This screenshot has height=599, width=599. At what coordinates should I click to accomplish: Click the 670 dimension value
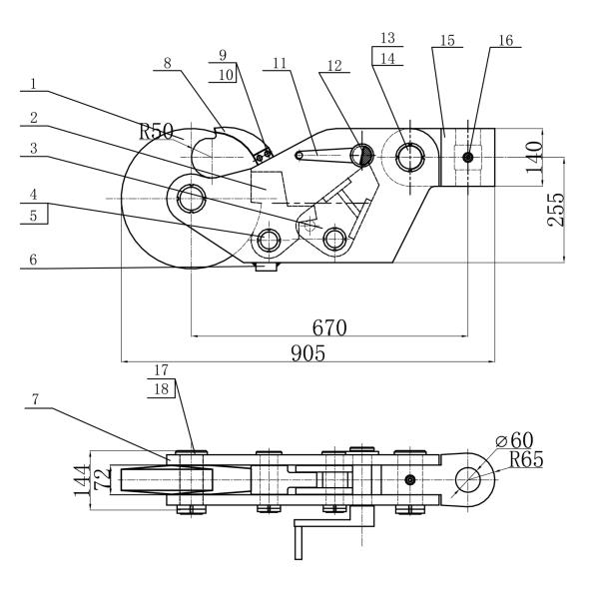(329, 327)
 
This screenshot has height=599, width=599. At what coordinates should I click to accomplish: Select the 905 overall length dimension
(307, 352)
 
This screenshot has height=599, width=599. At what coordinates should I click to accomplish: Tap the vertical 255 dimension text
(556, 210)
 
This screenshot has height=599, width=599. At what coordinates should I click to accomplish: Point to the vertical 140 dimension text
(534, 157)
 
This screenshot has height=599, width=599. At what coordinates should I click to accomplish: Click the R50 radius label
(156, 131)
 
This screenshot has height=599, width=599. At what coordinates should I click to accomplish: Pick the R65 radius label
(526, 459)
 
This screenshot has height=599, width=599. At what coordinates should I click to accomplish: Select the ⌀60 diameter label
(514, 440)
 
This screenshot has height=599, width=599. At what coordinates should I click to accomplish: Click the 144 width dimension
(81, 479)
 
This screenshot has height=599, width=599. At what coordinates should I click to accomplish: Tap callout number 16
(506, 40)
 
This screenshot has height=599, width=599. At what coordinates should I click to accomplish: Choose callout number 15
(447, 40)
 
